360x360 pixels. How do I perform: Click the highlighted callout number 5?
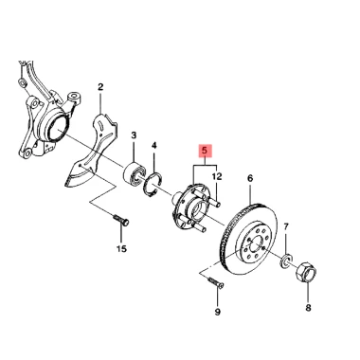tap(206, 151)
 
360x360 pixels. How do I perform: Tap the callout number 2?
tap(100, 87)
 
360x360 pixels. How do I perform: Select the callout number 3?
tap(134, 135)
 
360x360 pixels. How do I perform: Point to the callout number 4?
tap(154, 146)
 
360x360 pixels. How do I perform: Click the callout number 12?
tap(217, 176)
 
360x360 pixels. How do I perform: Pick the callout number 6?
tap(250, 178)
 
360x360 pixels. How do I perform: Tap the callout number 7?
tap(286, 226)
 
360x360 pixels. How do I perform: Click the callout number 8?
tap(308, 307)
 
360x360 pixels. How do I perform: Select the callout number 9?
tap(218, 312)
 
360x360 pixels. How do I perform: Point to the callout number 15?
tap(121, 249)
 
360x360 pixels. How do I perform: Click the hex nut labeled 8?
tap(306, 272)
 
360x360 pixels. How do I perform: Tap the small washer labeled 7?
tap(286, 261)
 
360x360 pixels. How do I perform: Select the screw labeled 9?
tap(216, 282)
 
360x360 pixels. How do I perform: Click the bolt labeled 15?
tap(121, 220)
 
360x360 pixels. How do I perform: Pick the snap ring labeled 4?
tap(153, 185)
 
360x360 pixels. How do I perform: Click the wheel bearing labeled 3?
tap(135, 172)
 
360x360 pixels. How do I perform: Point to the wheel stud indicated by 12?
tap(215, 201)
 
